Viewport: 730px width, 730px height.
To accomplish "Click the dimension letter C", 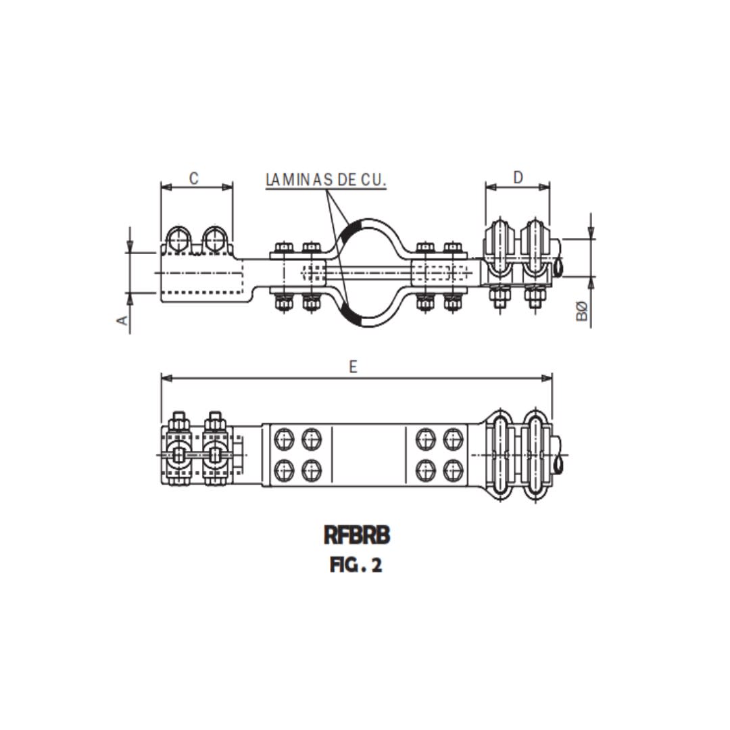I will [x=193, y=178].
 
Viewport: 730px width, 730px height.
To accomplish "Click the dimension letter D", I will [x=518, y=178].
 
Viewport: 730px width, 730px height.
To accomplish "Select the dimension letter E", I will [x=353, y=367].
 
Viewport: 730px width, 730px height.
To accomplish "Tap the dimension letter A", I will [x=123, y=320].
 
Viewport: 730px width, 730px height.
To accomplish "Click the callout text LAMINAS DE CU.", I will [x=326, y=180].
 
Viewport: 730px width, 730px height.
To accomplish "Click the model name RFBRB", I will [x=357, y=535].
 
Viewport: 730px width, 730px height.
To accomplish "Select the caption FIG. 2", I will [x=356, y=565].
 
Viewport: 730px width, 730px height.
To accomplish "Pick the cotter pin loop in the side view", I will [x=559, y=268].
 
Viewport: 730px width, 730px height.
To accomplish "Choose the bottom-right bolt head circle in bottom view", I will [x=451, y=467].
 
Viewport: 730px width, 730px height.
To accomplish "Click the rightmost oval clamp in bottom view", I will [x=535, y=454].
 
